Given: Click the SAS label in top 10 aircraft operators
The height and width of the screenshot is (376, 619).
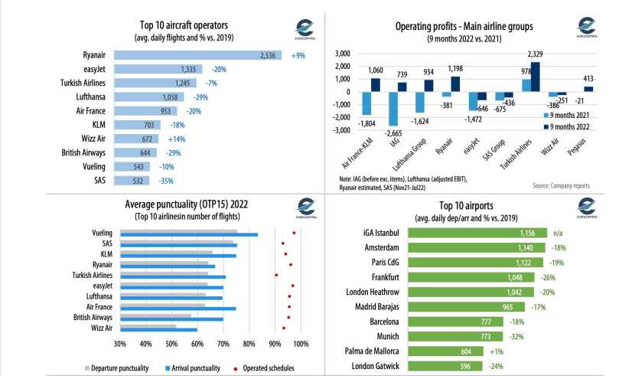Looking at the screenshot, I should (x=95, y=181).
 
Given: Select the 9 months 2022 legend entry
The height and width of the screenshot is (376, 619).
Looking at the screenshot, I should (x=570, y=126).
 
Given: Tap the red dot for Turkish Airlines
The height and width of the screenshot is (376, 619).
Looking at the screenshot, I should (x=276, y=274).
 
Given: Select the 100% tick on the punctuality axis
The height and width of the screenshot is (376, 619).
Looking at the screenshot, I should (x=300, y=344).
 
